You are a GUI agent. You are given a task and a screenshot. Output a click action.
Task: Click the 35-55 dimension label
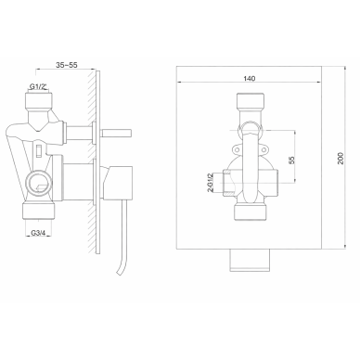pyautogui.click(x=66, y=65)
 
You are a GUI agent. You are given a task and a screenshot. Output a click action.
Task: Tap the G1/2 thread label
pyautogui.click(x=39, y=86)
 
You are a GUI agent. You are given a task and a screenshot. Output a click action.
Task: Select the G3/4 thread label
pyautogui.click(x=38, y=233)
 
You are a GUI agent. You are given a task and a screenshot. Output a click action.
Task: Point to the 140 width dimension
pyautogui.click(x=250, y=78)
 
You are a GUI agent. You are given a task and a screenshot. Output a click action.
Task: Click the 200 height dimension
pyautogui.click(x=341, y=159)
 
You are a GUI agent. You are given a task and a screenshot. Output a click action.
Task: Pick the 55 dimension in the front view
pyautogui.click(x=291, y=160)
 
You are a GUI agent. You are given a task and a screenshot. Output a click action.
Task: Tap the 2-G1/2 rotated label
pyautogui.click(x=211, y=183)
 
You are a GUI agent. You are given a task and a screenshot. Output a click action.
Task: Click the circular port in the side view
pyautogui.click(x=39, y=184)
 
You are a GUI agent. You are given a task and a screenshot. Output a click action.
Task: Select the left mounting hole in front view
pyautogui.click(x=237, y=150)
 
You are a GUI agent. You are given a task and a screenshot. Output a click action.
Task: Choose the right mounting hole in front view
pyautogui.click(x=264, y=150)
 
